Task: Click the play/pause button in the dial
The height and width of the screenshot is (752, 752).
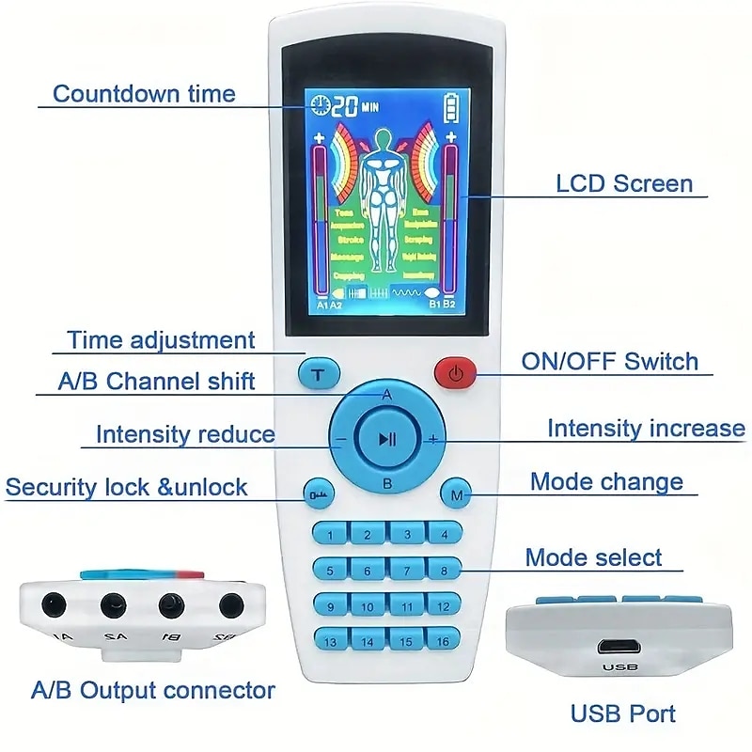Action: pyautogui.click(x=386, y=438)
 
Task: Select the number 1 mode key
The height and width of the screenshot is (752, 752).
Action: pyautogui.click(x=330, y=535)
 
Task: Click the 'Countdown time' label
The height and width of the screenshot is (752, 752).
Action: pyautogui.click(x=144, y=94)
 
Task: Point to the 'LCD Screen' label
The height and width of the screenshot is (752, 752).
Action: pyautogui.click(x=624, y=183)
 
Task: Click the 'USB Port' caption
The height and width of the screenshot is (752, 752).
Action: pyautogui.click(x=623, y=713)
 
